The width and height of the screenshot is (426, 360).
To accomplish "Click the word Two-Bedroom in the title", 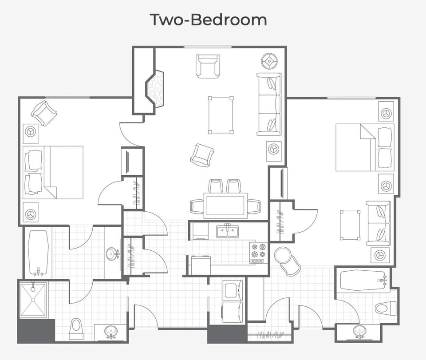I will point(208,20).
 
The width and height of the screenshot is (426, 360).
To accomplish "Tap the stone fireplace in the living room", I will point(156,87).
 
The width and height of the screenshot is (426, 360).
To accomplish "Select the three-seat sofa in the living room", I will point(269,104).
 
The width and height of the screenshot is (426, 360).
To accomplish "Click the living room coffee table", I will point(221,115).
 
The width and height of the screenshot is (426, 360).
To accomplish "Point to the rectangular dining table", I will point(225,205).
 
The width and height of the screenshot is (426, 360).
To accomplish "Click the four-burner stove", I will point(259,253).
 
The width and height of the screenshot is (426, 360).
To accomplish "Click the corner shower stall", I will point(33,300).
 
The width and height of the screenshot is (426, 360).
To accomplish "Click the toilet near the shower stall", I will point(76,328).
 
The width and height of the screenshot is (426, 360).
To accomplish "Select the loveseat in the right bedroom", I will point(378,223).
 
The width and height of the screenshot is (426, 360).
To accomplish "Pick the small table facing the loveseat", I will point(351,225).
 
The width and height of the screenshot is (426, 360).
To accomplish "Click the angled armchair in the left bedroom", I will point(44,113).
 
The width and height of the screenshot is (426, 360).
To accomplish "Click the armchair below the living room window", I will point(208,66).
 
